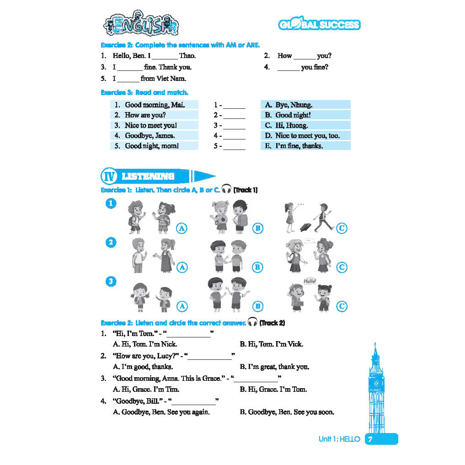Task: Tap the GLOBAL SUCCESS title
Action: click(319, 25)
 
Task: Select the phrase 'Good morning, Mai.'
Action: click(155, 105)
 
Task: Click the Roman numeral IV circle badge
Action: click(108, 176)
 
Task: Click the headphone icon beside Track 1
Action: click(226, 189)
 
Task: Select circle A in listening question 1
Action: click(182, 228)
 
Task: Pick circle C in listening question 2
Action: click(342, 267)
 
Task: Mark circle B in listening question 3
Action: click(257, 306)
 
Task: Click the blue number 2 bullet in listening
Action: click(111, 242)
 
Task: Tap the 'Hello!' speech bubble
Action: click(310, 281)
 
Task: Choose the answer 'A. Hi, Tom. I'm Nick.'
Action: click(145, 344)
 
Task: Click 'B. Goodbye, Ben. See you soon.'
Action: click(287, 412)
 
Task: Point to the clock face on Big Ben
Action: click(376, 383)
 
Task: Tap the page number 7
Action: click(371, 439)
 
